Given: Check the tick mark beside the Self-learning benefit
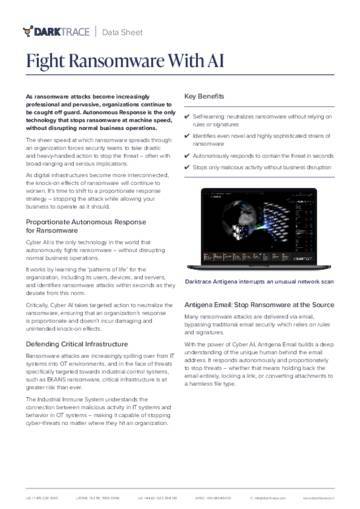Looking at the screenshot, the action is point(189,116).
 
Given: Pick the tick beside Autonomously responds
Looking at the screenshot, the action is point(189,155).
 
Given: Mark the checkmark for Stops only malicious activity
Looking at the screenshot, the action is point(189,167).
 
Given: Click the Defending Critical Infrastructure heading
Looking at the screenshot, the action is point(81,343).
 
